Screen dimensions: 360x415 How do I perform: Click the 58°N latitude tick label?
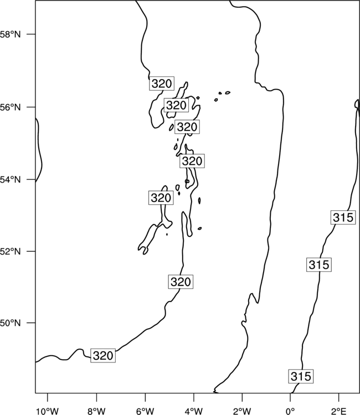click(10, 34)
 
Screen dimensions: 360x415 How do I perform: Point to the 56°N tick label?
click(10, 107)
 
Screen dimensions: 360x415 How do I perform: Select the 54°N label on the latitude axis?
click(10, 180)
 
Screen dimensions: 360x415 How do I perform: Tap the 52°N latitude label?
click(10, 251)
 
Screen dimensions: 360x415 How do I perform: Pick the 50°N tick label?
click(10, 323)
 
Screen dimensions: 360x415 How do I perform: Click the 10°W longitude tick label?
click(48, 411)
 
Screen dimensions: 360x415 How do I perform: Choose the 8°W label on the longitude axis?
click(96, 411)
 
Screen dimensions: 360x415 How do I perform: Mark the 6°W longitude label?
click(145, 411)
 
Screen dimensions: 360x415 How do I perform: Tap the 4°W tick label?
click(194, 411)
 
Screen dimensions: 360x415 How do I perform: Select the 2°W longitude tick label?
click(242, 411)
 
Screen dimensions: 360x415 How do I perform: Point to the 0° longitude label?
click(291, 411)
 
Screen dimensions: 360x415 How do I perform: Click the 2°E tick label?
click(339, 411)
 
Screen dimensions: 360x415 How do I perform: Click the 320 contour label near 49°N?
click(103, 355)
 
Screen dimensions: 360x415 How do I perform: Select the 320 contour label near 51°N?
click(181, 282)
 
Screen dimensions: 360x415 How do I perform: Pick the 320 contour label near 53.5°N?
click(161, 198)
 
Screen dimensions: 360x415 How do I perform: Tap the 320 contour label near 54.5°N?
click(192, 161)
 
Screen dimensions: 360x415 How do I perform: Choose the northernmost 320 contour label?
click(162, 84)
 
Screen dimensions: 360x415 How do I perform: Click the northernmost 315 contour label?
click(343, 217)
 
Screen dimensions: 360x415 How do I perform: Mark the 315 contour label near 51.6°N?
click(319, 264)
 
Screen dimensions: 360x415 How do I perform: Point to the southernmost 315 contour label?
click(301, 376)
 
